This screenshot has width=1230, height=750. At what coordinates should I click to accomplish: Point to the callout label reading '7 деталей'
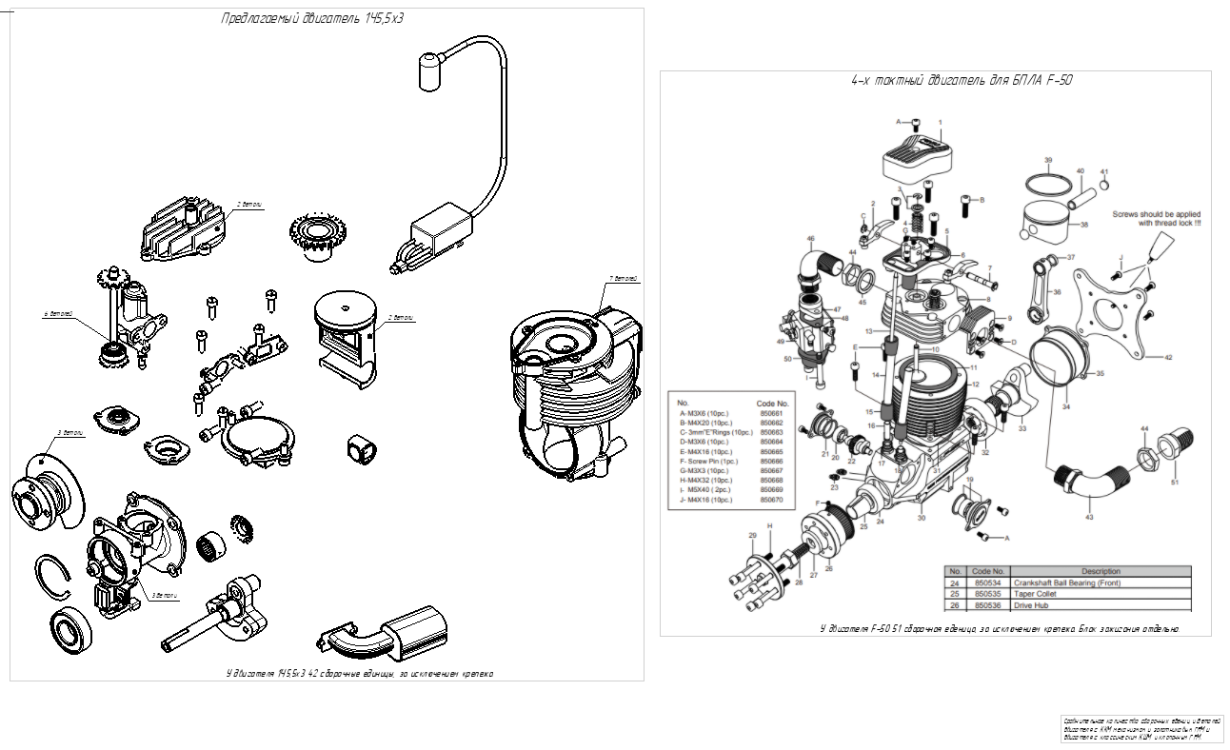[x=623, y=279]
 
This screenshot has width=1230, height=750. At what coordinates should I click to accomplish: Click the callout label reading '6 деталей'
[x=59, y=313]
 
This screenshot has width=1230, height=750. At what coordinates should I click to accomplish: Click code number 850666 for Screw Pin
[x=773, y=461]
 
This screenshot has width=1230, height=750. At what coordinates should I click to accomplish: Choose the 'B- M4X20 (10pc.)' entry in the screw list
[x=705, y=423]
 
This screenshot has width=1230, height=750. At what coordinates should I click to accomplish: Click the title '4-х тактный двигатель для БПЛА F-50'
[x=962, y=81]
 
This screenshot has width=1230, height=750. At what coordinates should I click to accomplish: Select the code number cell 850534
[x=987, y=582]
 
